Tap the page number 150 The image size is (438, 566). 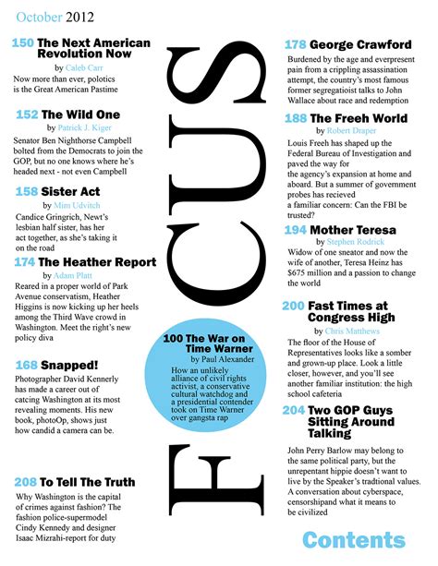point(23,43)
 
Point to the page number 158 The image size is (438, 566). point(27,191)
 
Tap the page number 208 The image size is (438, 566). point(26,482)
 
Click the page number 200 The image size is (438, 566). point(293,306)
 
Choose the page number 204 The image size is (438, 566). point(293,409)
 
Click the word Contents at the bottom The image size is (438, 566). point(353,539)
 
